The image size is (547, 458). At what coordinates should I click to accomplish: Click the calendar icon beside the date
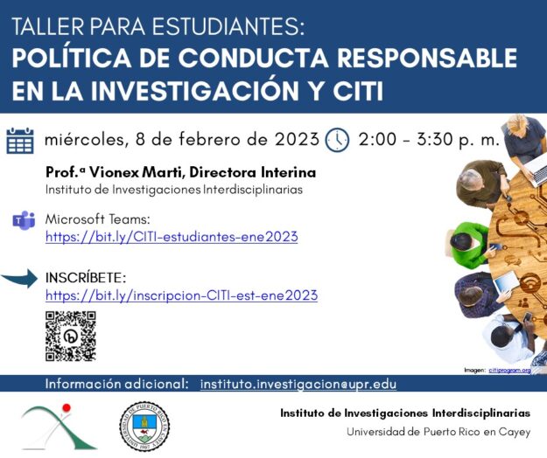(19, 140)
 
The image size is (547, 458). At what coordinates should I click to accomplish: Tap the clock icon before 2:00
(337, 140)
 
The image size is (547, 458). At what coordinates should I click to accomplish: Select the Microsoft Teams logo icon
(22, 219)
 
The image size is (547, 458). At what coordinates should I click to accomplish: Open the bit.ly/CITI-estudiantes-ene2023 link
(172, 237)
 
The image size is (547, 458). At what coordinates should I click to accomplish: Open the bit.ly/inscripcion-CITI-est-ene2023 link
(181, 295)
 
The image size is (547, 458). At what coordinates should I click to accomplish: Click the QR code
(70, 336)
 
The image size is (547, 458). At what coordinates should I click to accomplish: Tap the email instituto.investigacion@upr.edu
(298, 384)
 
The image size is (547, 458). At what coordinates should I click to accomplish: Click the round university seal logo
(144, 427)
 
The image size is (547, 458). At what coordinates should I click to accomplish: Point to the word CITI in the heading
(351, 90)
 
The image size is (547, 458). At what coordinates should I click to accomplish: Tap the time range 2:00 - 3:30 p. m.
(429, 139)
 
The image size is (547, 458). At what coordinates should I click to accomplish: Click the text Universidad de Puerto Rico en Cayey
(438, 432)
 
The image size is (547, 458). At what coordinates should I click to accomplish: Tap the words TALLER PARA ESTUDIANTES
(158, 26)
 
